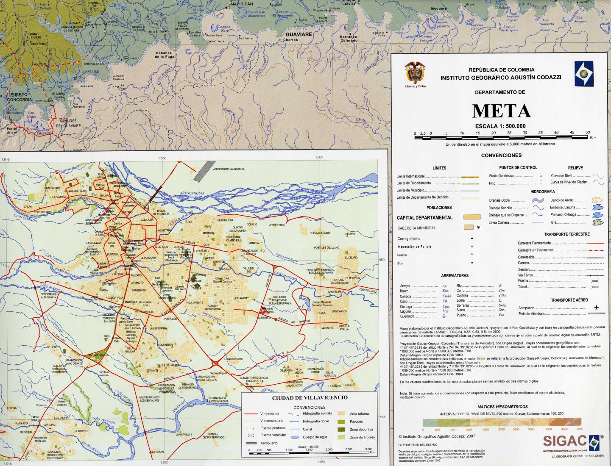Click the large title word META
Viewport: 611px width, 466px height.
tap(501, 111)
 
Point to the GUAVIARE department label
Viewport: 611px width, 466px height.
tap(299, 34)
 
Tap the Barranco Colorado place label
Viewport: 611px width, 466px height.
tap(349, 39)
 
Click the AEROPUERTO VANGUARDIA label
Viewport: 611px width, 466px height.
tap(229, 169)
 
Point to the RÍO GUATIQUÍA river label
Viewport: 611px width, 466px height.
tap(192, 193)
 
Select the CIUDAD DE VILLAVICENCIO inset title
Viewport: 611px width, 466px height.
tap(310, 397)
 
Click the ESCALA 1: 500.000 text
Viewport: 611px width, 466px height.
tap(500, 126)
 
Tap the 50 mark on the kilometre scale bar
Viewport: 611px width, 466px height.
tap(587, 133)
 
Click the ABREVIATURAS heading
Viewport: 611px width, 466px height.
tap(455, 275)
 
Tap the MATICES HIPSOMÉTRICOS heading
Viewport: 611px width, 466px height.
tap(502, 407)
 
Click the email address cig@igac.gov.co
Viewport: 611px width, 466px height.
tap(412, 397)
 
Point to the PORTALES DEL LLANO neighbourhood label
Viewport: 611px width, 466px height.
tap(326, 247)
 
